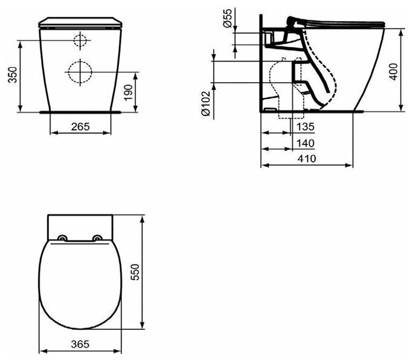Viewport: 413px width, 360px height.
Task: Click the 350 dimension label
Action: (x=13, y=75)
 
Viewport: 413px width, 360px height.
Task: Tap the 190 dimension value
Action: (x=129, y=92)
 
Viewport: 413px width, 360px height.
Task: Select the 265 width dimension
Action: (x=80, y=127)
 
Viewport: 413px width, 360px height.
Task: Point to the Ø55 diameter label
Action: (x=227, y=18)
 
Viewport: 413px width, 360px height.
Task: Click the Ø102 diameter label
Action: (x=205, y=103)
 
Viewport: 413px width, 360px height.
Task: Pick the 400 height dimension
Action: (x=393, y=72)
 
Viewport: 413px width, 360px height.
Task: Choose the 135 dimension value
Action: (x=306, y=127)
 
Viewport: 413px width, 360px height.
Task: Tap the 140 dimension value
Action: (x=306, y=143)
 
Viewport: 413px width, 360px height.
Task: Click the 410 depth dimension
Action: (x=307, y=159)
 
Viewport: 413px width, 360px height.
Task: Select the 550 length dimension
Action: (x=135, y=272)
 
